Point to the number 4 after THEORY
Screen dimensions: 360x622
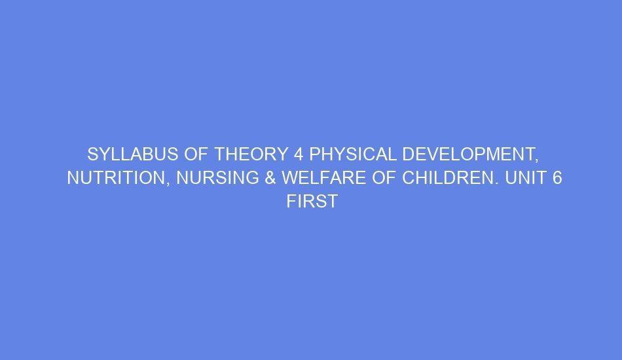299,154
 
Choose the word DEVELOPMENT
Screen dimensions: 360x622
466,154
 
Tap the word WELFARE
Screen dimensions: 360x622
321,178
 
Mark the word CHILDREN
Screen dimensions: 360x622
441,178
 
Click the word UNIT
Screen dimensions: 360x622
524,178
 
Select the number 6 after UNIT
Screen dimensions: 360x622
557,178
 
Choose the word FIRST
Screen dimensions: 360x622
312,202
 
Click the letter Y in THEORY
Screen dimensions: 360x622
280,154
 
